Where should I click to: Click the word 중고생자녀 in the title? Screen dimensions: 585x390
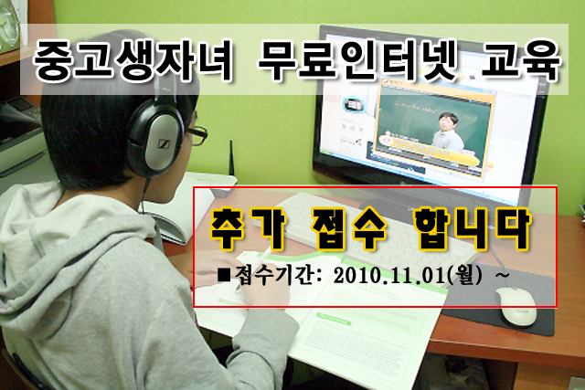coord(133,60)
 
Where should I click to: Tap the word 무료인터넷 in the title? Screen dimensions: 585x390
coord(357,60)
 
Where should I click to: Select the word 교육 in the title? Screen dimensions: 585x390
coord(521,60)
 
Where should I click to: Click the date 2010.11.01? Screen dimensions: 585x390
coord(389,276)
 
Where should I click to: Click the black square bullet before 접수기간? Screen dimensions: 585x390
coord(225,276)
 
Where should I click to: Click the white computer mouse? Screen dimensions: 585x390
coord(517,307)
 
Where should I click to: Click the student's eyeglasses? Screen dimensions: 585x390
coord(197,135)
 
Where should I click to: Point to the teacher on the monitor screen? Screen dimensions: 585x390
coord(447,132)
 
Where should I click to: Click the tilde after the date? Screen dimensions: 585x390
coord(502,276)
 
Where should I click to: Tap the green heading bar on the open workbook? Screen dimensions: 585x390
coord(334,319)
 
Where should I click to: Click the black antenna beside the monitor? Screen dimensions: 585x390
coord(231,157)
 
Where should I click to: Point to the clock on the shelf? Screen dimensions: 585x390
coord(8,26)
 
